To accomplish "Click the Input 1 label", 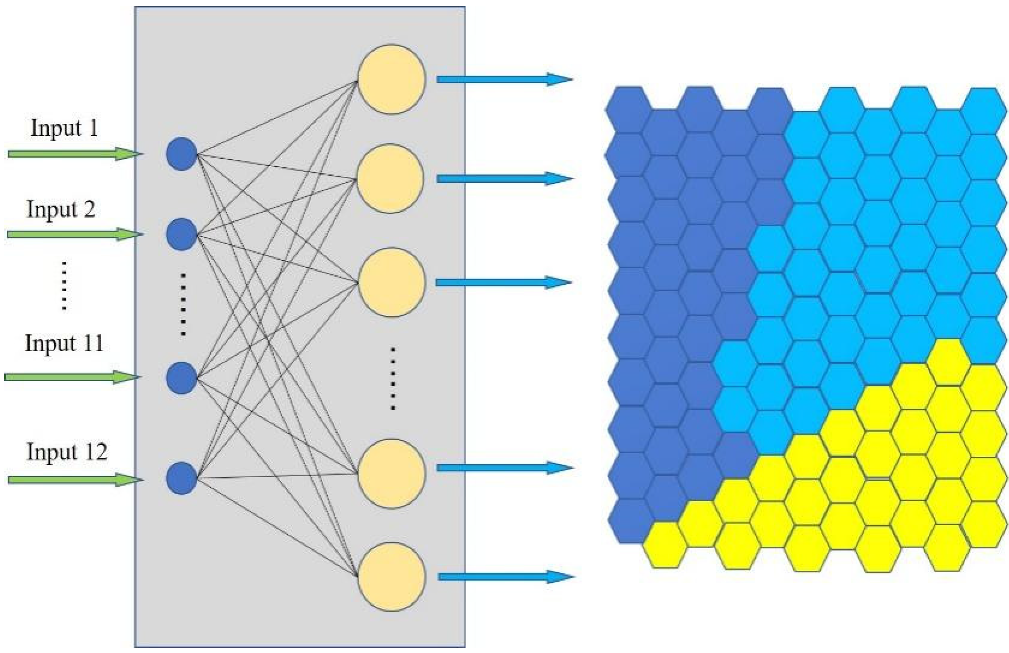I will [64, 128].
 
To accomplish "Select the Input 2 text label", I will [61, 209].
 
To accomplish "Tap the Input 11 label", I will [64, 343].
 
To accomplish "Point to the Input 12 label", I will [67, 452].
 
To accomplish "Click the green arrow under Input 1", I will [74, 153].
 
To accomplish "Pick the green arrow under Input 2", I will [74, 234].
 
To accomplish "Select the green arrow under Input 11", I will [72, 377].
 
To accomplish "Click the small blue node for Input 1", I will [182, 154].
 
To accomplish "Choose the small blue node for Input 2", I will [182, 234].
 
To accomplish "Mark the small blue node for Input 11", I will [182, 377].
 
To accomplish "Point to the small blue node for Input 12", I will [182, 478].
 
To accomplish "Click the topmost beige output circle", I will [391, 79].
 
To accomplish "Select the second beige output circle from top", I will [390, 178].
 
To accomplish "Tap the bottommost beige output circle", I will [391, 576].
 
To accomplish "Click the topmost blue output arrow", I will [505, 79].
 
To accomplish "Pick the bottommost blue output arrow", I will [505, 576].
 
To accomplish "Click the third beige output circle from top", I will [390, 282].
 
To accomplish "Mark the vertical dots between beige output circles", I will [393, 379].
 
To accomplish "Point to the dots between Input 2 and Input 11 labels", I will [64, 285].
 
